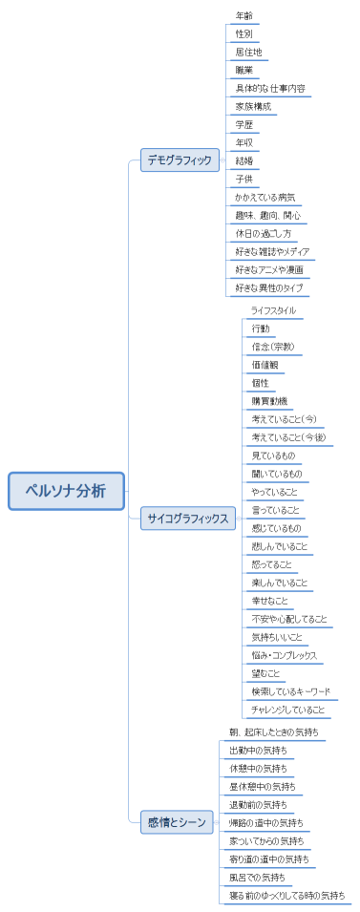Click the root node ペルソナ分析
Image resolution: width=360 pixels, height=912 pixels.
(67, 491)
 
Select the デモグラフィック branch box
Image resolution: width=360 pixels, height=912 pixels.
(180, 160)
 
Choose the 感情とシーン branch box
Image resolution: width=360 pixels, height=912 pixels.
(177, 821)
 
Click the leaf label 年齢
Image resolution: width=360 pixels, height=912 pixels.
(244, 15)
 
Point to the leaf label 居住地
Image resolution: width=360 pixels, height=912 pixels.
(248, 52)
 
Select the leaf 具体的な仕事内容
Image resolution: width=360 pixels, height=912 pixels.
(270, 88)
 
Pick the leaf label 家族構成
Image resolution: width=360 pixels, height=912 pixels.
(253, 106)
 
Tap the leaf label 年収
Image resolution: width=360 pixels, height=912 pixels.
(244, 142)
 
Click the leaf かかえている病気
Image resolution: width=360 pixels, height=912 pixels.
(265, 197)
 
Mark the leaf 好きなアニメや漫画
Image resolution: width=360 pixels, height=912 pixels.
(269, 269)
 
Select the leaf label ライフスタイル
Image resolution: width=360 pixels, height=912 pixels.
(273, 310)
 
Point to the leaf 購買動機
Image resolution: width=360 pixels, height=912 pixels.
(269, 401)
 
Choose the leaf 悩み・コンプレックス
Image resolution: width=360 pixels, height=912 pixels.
(284, 656)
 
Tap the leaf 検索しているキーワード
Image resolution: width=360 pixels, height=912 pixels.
(290, 692)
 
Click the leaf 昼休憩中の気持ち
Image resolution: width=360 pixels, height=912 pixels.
(262, 786)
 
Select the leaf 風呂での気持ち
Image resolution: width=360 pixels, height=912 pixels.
(257, 877)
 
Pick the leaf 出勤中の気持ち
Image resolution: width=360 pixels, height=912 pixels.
(258, 750)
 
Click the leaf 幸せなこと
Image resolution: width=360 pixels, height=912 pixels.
(268, 602)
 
